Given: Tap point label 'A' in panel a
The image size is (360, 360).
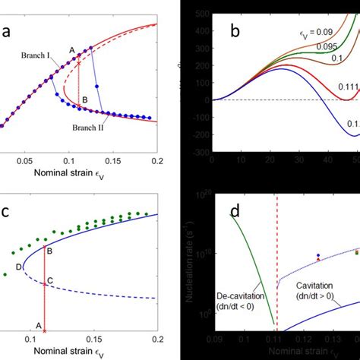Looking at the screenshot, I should point(73,50).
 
